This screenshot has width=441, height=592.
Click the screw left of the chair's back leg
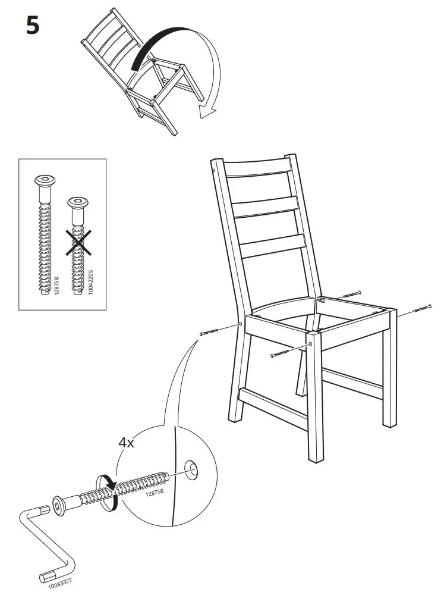(213, 330)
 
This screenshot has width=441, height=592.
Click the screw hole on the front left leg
(310, 344)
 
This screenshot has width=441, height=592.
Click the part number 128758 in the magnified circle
(155, 493)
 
